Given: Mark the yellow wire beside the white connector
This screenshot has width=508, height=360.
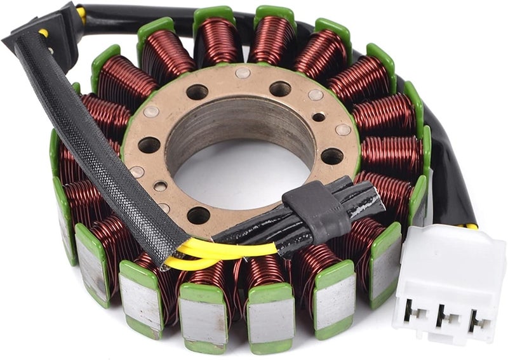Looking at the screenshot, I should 471,225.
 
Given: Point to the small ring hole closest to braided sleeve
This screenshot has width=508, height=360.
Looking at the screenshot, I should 161,185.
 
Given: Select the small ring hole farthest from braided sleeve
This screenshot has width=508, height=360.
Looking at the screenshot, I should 319,117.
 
